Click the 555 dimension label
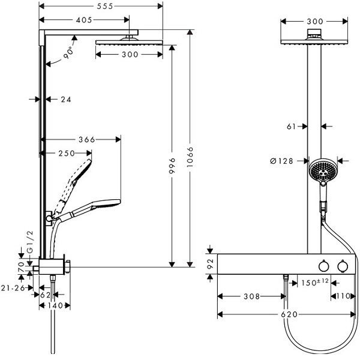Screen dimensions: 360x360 click(104, 6)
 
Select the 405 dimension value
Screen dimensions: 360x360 click(84, 20)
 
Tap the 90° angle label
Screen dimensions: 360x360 click(69, 53)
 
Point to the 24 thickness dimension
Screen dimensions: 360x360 click(66, 99)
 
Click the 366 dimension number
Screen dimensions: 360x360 click(87, 139)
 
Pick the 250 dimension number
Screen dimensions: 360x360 click(67, 153)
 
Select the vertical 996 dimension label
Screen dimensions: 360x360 click(173, 166)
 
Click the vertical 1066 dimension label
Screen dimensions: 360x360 click(190, 157)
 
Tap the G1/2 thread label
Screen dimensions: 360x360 click(31, 242)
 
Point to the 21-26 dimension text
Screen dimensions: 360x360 click(13, 288)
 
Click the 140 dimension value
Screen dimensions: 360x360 click(55, 305)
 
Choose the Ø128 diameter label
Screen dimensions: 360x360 click(282, 161)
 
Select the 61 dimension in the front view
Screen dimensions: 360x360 click(292, 126)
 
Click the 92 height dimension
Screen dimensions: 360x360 click(211, 263)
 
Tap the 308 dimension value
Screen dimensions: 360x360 click(251, 296)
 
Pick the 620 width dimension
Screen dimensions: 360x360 click(289, 314)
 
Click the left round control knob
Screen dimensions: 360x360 click(324, 266)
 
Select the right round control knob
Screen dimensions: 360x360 click(343, 266)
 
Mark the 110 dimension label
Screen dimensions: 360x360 click(343, 296)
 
